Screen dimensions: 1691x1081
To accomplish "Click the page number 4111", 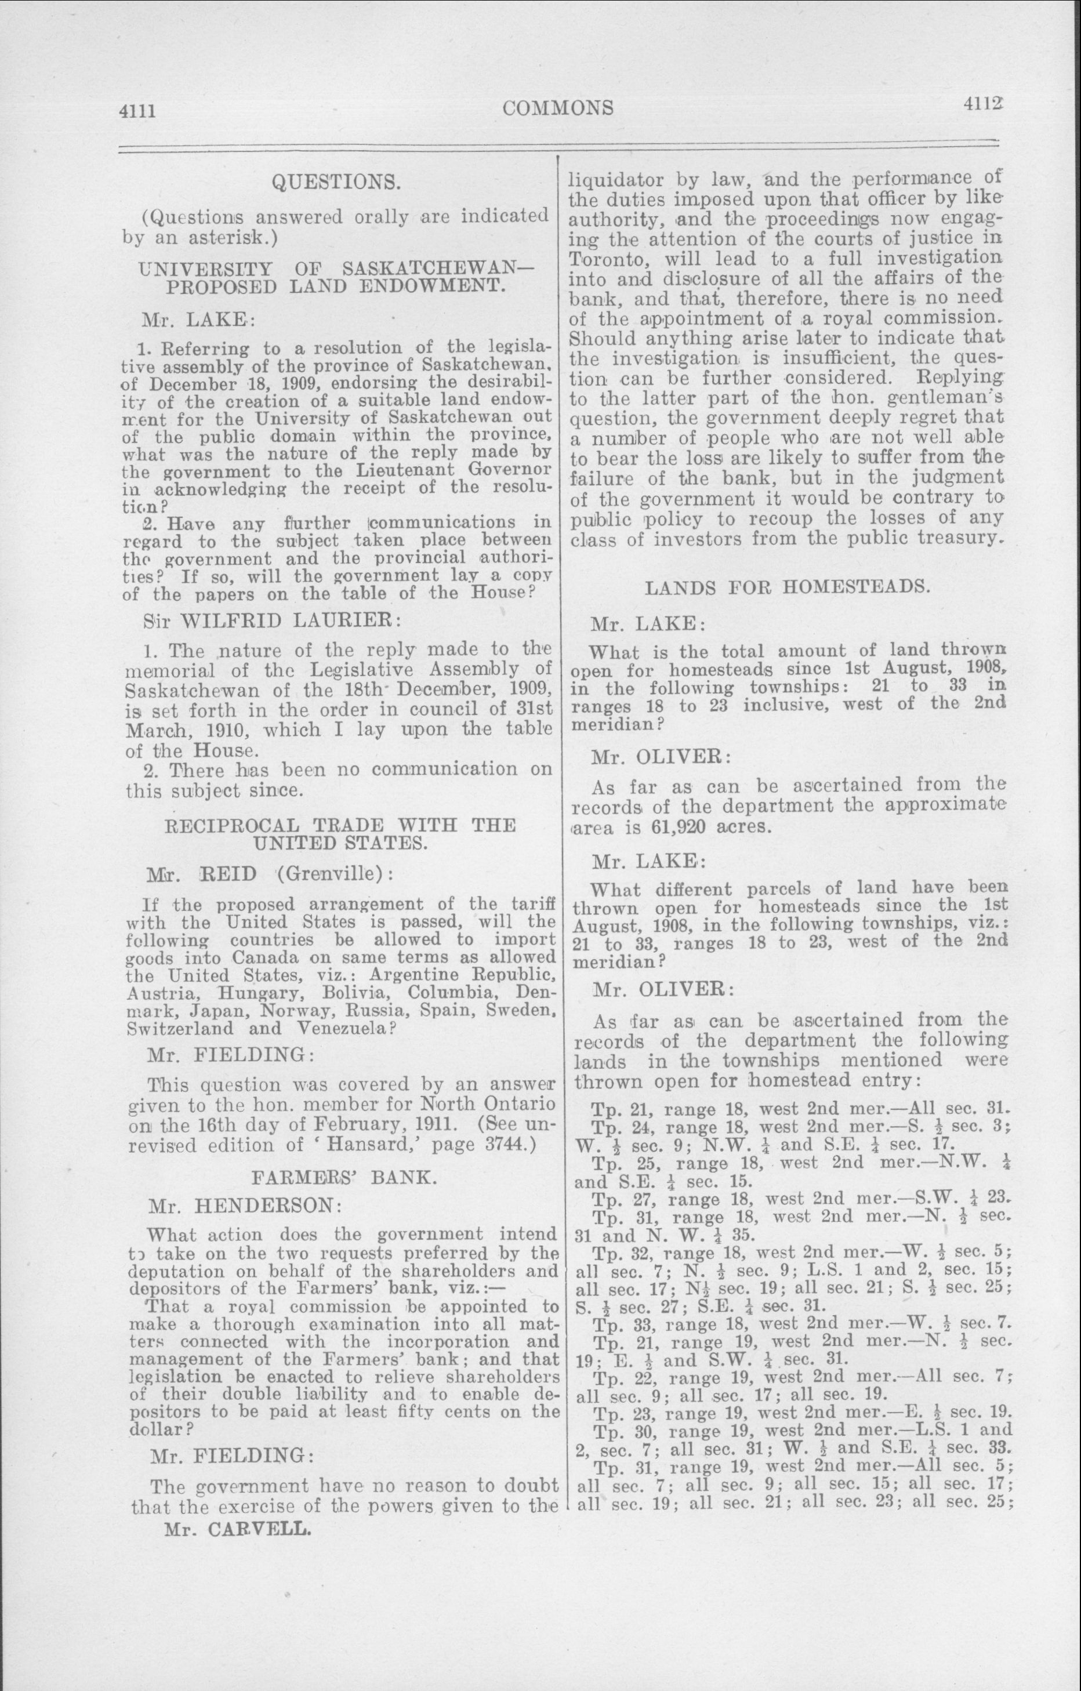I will click(136, 111).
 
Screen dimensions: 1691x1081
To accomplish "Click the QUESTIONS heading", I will click(336, 183).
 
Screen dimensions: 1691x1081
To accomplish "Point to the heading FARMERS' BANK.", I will click(344, 1177).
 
